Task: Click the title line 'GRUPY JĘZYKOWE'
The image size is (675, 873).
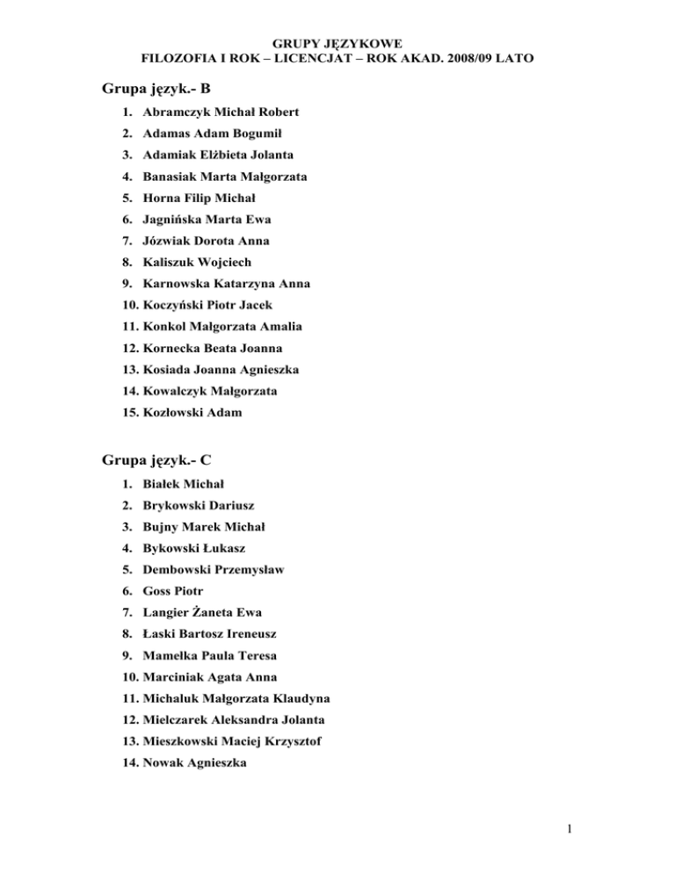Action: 337,41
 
